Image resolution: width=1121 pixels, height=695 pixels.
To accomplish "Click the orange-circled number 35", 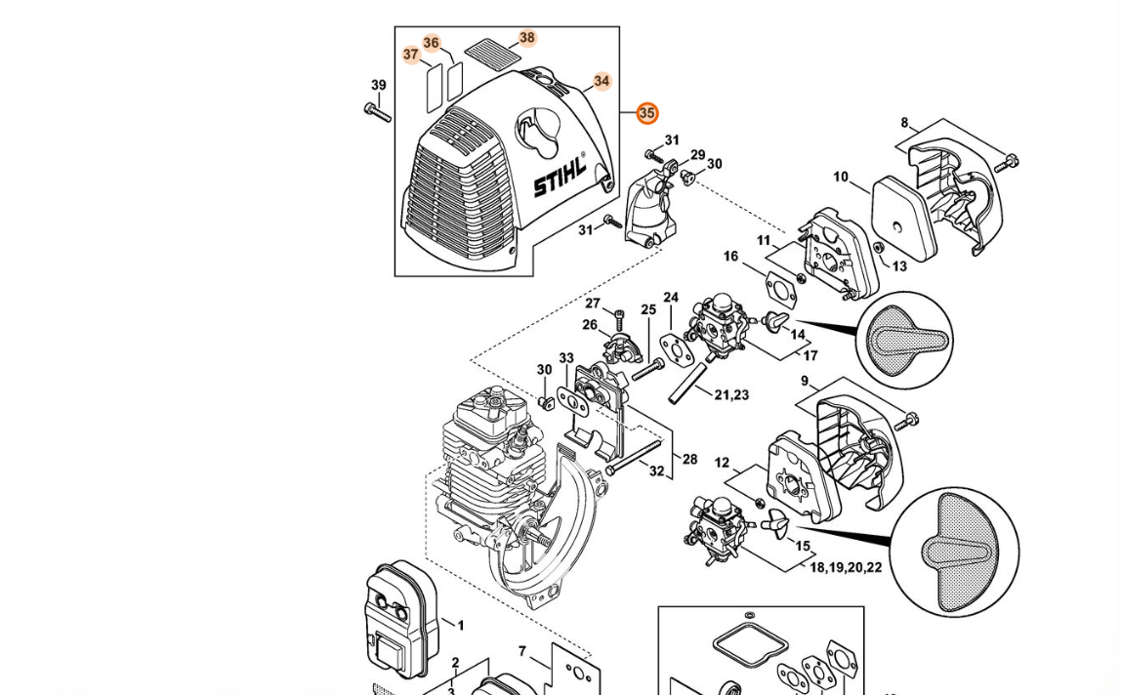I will [646, 113].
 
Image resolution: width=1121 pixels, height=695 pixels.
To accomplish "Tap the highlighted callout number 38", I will [527, 38].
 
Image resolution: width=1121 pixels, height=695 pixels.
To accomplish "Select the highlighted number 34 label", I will [602, 81].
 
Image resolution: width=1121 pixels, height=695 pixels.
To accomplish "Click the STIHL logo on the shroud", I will [560, 176].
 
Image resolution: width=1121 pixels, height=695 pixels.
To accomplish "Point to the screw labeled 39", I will [377, 111].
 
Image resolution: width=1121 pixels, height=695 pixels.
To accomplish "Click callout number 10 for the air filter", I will [841, 177].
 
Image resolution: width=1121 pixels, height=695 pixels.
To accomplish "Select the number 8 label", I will [904, 123].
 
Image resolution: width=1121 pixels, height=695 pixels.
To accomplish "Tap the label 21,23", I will [731, 394].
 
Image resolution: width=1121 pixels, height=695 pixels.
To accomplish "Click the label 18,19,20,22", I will [845, 567].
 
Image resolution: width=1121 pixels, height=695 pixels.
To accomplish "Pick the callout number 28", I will [689, 459].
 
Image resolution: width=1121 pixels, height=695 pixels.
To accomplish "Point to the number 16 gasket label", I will [730, 256].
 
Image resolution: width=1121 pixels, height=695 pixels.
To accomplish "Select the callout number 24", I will [671, 298].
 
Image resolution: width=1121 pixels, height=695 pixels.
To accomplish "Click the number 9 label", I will [804, 381].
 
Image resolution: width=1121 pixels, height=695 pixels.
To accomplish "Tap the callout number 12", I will [722, 463].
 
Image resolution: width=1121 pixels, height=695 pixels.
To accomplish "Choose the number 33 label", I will [566, 358].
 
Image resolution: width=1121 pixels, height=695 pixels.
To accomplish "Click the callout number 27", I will [593, 304].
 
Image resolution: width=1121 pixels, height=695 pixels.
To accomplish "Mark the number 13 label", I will [899, 266].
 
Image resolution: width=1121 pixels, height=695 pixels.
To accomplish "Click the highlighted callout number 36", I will [431, 43].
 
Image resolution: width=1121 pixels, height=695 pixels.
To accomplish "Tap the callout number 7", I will [522, 651].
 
